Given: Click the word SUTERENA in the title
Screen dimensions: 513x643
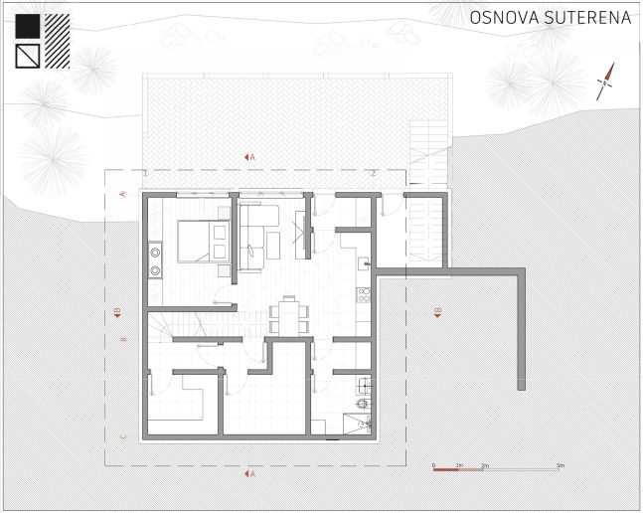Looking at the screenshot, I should click(x=584, y=18).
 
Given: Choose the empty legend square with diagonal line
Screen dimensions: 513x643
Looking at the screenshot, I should click(x=28, y=55).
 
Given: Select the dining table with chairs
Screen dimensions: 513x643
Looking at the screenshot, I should click(x=288, y=316).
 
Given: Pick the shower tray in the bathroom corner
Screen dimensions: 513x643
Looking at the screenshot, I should click(x=354, y=425).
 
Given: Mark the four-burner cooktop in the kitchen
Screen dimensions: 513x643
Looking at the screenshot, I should click(x=363, y=295).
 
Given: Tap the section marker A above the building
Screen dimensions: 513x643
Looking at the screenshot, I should click(x=249, y=157).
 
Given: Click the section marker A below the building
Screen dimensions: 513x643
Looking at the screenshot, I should click(x=249, y=474).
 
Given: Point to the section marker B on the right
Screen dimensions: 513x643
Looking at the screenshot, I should click(x=436, y=313).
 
